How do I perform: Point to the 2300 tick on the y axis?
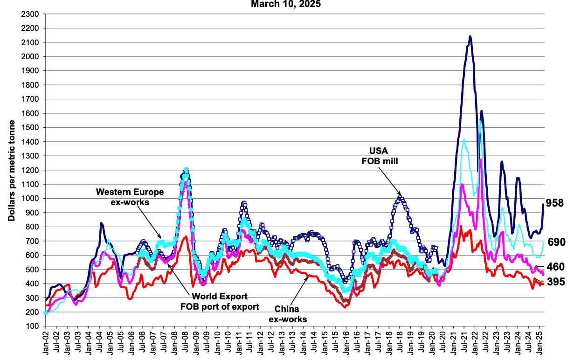[x=30, y=14]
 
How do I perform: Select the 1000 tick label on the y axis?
[x=30, y=199]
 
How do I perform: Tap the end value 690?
[x=557, y=242]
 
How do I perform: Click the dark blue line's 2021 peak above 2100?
[x=470, y=36]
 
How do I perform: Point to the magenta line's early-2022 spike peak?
[x=480, y=160]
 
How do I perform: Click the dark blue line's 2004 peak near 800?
[x=101, y=223]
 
